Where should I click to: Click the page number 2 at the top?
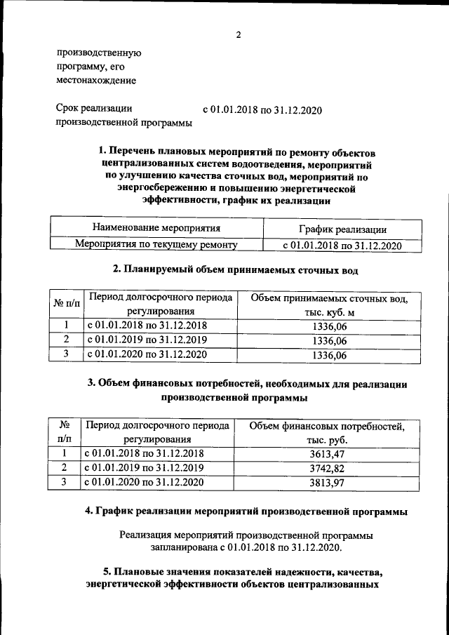238,36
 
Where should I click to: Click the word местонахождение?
96,81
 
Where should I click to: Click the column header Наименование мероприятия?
156,228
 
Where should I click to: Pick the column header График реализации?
341,229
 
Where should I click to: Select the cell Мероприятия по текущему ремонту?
156,245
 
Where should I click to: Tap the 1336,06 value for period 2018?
330,327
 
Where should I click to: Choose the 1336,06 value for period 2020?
330,355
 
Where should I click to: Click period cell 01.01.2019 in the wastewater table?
147,340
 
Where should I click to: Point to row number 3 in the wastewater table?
65,354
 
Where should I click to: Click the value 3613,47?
328,455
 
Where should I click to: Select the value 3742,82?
328,468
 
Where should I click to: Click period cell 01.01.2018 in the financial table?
144,454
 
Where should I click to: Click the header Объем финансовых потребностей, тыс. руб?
327,433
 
